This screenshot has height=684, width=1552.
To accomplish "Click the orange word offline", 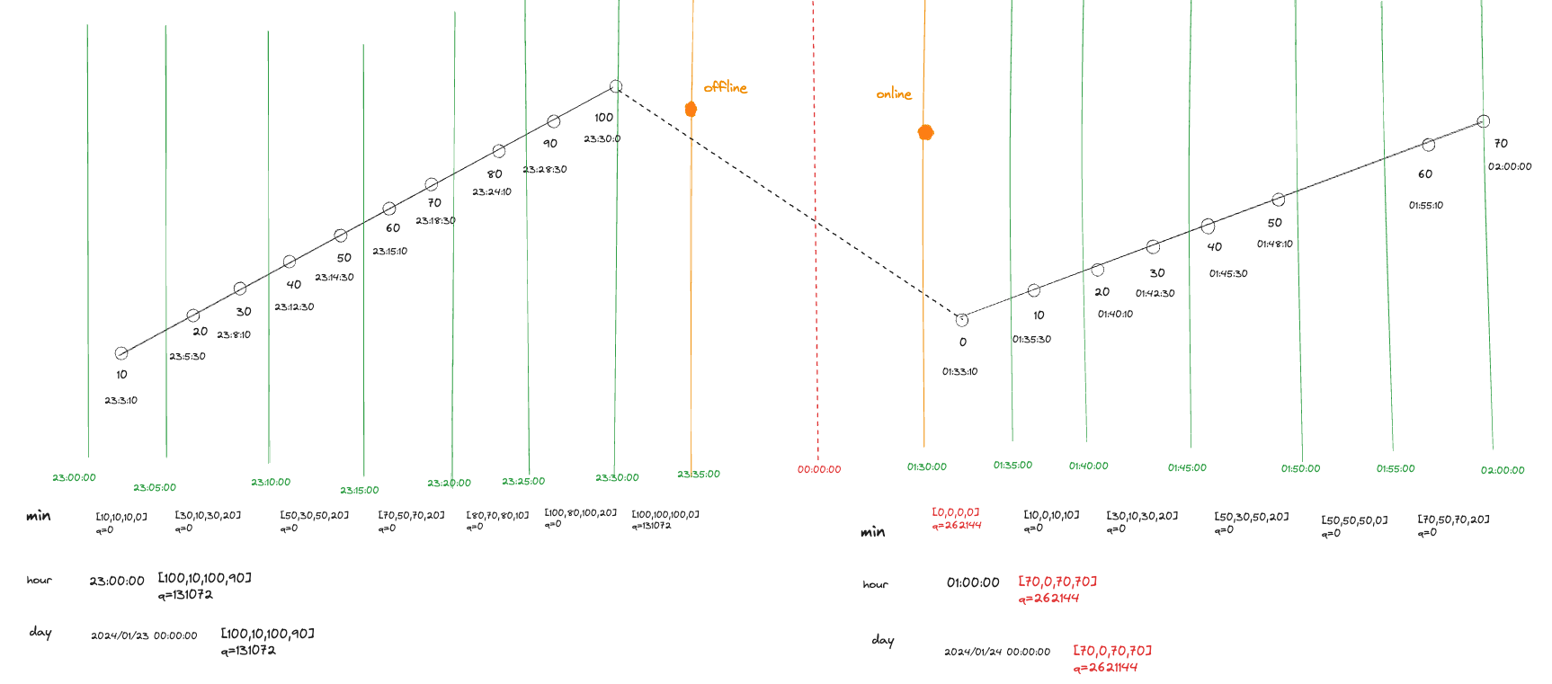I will (x=725, y=87).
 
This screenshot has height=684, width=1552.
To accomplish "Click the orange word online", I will (x=893, y=93).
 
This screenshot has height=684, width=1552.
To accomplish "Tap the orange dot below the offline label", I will (x=691, y=110).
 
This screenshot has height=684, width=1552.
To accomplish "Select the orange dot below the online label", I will (x=925, y=132).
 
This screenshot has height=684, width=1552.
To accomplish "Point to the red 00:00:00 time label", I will (x=818, y=469).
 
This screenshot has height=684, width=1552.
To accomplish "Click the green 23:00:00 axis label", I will (x=74, y=477).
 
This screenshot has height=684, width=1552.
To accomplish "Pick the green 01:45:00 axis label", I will (x=1187, y=467).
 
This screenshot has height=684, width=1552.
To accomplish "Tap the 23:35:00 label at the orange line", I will (x=699, y=474).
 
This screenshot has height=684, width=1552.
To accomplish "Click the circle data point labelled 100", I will (x=616, y=86).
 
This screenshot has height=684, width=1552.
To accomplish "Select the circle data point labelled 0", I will (x=961, y=320).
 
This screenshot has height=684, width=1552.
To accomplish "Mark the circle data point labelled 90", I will (x=554, y=121).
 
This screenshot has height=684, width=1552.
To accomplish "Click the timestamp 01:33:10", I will (x=959, y=371).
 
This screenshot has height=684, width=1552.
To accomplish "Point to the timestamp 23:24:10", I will (x=491, y=191).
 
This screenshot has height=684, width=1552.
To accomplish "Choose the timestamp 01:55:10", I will (x=1425, y=205).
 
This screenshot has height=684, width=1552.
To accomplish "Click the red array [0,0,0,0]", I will (x=955, y=512).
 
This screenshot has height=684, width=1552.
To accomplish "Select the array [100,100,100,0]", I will (x=665, y=514).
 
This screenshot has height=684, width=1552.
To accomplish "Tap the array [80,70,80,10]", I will (x=497, y=516).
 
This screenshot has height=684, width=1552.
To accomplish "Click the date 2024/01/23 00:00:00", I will (x=144, y=635).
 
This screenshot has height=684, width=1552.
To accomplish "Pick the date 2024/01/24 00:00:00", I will (x=996, y=652).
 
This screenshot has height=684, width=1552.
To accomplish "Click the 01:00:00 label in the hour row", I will (x=973, y=582).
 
